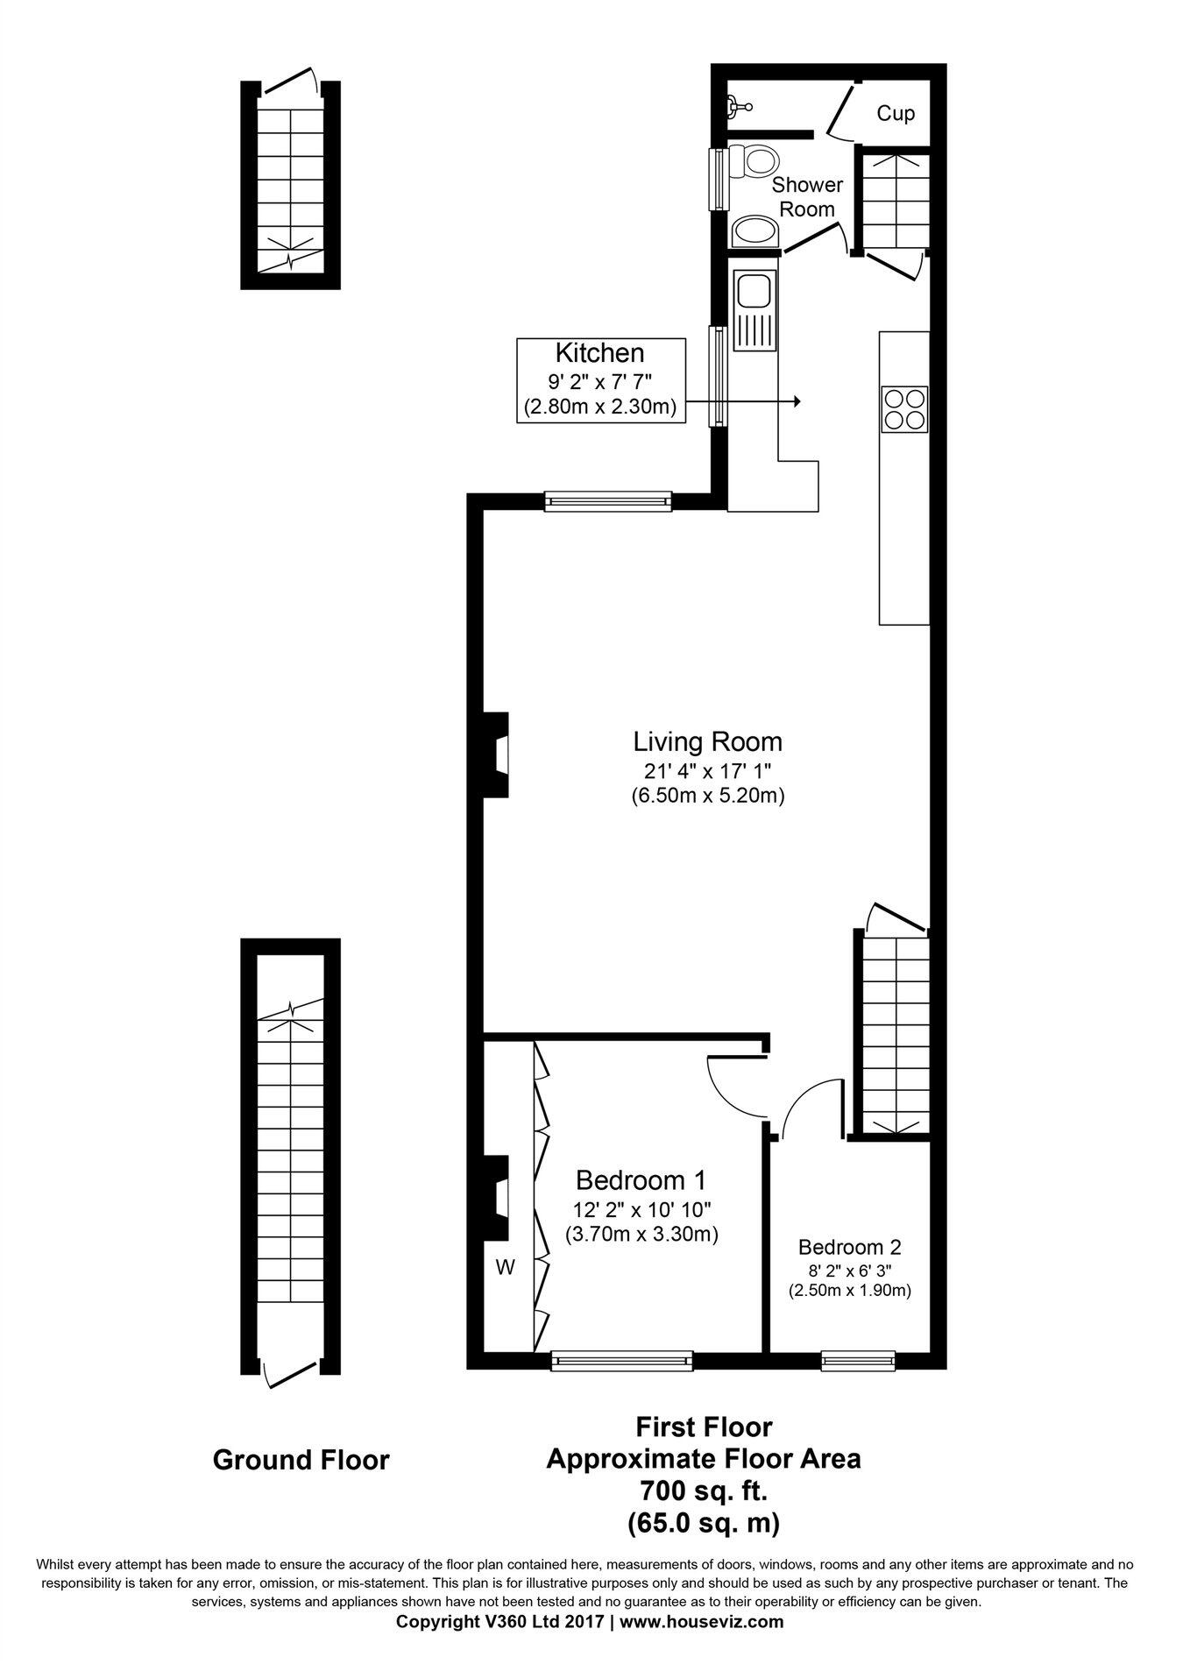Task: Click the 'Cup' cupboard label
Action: click(896, 114)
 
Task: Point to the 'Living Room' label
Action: click(707, 742)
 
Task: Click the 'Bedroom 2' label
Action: click(849, 1247)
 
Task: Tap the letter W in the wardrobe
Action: click(505, 1266)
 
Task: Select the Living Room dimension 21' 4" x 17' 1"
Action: click(706, 771)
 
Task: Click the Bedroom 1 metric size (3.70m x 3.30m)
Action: click(641, 1235)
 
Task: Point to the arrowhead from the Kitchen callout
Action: click(797, 401)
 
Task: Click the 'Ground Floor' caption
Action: click(301, 1460)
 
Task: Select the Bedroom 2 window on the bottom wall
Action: click(858, 1361)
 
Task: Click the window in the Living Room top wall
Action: click(607, 502)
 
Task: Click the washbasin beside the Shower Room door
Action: click(754, 232)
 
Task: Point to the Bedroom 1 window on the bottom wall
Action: click(621, 1361)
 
